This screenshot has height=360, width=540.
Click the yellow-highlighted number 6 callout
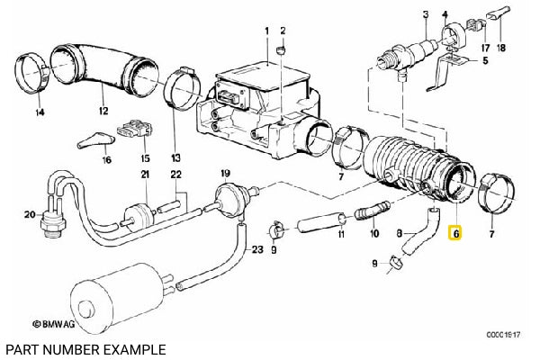(x=455, y=232)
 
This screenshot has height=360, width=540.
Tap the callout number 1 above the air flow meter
(x=266, y=32)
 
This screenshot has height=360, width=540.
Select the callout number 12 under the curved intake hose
(x=103, y=112)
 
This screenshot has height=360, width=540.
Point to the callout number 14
(x=38, y=113)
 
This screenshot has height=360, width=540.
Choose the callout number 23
(x=257, y=250)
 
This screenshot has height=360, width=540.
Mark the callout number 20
(x=30, y=214)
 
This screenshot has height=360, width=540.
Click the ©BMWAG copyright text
(x=56, y=321)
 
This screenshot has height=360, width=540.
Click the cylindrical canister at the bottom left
(x=118, y=296)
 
